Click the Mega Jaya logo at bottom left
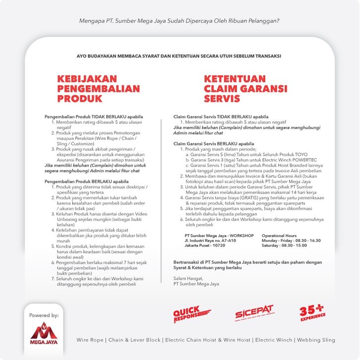(44, 334)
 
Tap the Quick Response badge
(191, 314)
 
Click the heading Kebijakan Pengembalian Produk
(98, 89)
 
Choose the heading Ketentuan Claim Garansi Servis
(245, 89)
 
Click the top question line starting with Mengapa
(180, 21)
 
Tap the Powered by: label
(44, 315)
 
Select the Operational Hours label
(279, 236)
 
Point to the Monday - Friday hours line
(291, 240)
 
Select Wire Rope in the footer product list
(90, 340)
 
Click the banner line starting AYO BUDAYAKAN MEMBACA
(180, 56)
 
